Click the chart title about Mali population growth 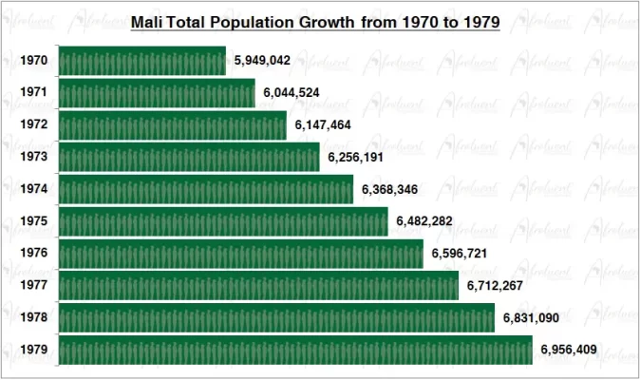pos(315,22)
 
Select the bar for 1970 pos(142,61)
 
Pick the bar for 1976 pos(241,254)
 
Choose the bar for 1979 pos(295,351)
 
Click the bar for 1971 pos(157,93)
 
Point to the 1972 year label pos(33,125)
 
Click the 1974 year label pos(33,189)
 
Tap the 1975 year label pos(33,221)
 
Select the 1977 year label pos(33,286)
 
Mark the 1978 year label pos(33,318)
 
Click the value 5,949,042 pos(262,61)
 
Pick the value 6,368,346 pos(390,189)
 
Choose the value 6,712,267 pos(495,286)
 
